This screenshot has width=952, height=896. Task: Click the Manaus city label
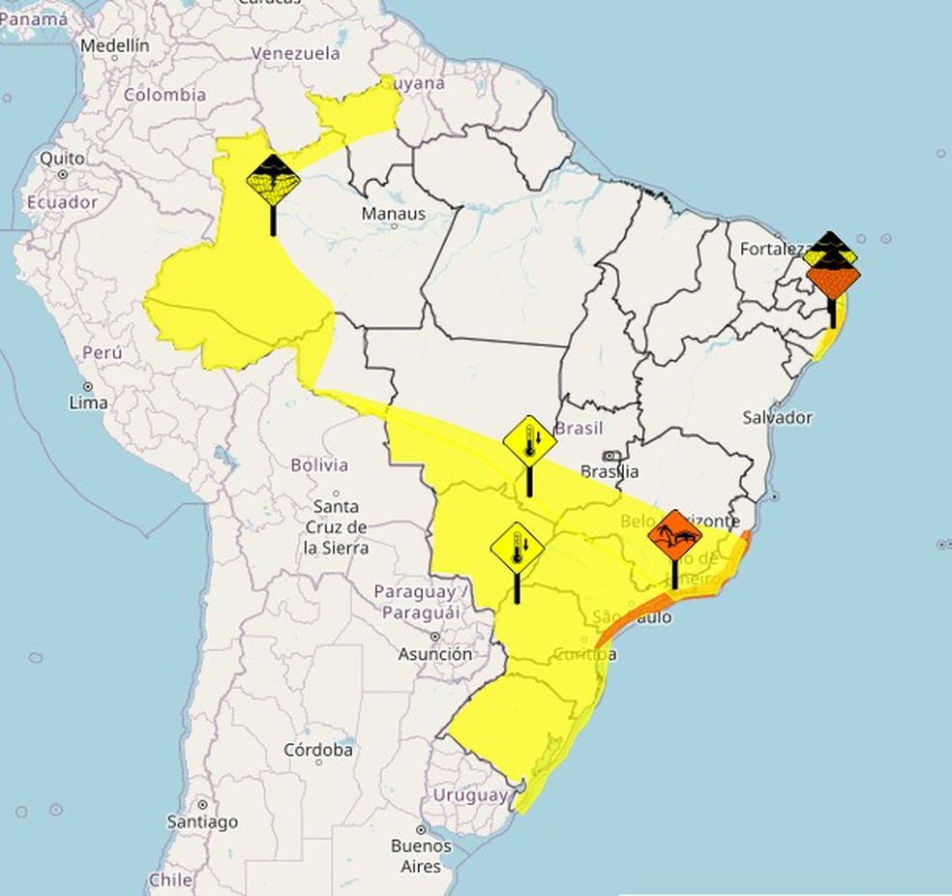pos(393,213)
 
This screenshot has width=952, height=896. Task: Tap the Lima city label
pos(88,402)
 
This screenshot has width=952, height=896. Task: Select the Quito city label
pos(62,159)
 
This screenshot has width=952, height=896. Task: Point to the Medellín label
pos(115,45)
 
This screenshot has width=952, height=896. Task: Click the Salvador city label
pos(777,417)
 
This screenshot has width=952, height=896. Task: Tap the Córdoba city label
pos(318,750)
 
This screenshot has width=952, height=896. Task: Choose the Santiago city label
pos(202,821)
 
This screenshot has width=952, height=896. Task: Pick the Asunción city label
pos(435,654)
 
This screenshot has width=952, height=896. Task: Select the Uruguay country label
pos(469,795)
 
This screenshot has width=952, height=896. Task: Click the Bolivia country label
pos(319,465)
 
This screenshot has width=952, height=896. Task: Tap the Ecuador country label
pos(62,202)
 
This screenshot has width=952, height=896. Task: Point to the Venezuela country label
pos(295,53)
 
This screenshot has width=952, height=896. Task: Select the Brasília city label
pos(610,471)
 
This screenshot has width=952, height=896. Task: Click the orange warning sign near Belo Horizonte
pos(675,534)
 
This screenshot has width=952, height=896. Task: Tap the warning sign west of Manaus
pos(274,179)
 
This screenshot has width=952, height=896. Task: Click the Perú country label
pos(102,354)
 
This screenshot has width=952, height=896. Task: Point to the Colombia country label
pos(164,95)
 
